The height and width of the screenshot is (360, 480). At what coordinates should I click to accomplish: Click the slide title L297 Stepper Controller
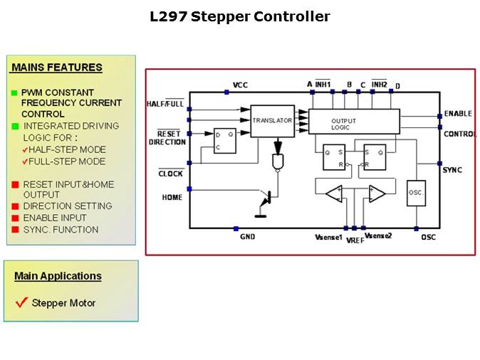pyautogui.click(x=240, y=16)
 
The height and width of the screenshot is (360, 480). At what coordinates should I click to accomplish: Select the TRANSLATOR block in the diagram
pyautogui.click(x=272, y=120)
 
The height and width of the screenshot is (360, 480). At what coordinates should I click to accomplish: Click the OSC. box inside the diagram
pyautogui.click(x=416, y=193)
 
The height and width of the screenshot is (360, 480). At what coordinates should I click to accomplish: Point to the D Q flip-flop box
pyautogui.click(x=226, y=140)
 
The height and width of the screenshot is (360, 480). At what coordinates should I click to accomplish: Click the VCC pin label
pyautogui.click(x=241, y=85)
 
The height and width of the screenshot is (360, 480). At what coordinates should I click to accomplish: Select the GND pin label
pyautogui.click(x=247, y=237)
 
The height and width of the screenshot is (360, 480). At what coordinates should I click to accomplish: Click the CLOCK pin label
pyautogui.click(x=170, y=174)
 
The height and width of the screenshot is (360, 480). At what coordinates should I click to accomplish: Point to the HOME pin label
pyautogui.click(x=172, y=197)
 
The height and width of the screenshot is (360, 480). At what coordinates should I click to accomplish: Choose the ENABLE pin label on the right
pyautogui.click(x=458, y=114)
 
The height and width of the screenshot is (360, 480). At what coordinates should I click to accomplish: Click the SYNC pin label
pyautogui.click(x=452, y=170)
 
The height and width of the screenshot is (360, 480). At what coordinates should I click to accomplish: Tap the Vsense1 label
pyautogui.click(x=329, y=236)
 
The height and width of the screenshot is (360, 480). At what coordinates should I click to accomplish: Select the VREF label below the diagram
pyautogui.click(x=355, y=241)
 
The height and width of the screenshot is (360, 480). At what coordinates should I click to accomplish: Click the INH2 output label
pyautogui.click(x=378, y=85)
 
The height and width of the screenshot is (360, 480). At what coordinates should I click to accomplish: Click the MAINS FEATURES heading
pyautogui.click(x=57, y=68)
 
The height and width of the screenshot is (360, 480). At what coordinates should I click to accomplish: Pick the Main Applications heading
pyautogui.click(x=58, y=276)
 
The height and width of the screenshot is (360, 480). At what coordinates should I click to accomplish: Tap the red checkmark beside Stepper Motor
pyautogui.click(x=21, y=302)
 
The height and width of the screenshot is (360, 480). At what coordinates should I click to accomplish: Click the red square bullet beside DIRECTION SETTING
pyautogui.click(x=15, y=206)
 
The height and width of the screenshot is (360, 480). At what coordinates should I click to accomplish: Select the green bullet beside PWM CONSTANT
pyautogui.click(x=15, y=93)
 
